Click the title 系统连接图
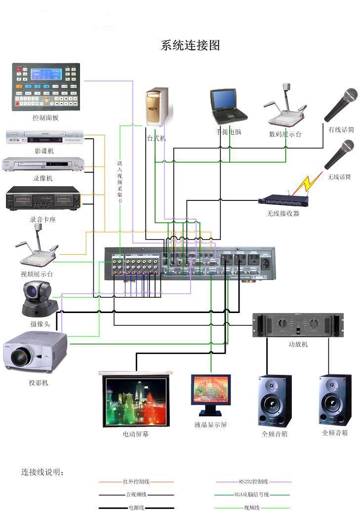[190, 46]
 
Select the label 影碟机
[44, 151]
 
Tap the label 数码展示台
[285, 134]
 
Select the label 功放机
[298, 344]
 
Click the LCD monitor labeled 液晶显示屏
[211, 395]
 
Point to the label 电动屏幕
[136, 434]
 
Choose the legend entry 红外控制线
[136, 481]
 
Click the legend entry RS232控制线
[253, 481]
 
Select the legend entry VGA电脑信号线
[253, 494]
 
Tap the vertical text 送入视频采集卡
[120, 183]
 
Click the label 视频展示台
[37, 274]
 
